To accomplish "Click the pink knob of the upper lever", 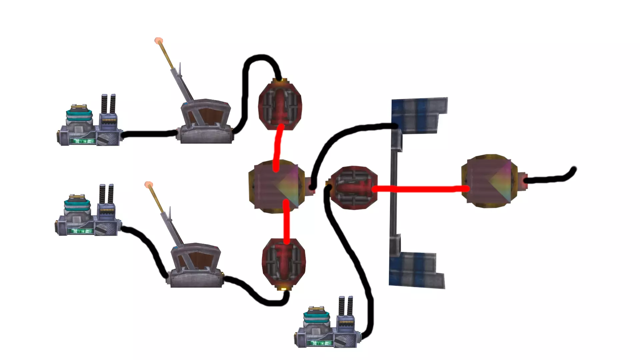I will coord(159,41).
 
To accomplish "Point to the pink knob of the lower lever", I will coord(148,185).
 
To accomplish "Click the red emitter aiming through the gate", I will coord(353,187).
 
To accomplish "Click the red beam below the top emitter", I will coord(278,147).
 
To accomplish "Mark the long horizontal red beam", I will coord(420,189).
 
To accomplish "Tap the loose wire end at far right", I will coord(574,170).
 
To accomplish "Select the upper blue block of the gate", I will coord(419,115).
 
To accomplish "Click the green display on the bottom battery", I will coord(321,343).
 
